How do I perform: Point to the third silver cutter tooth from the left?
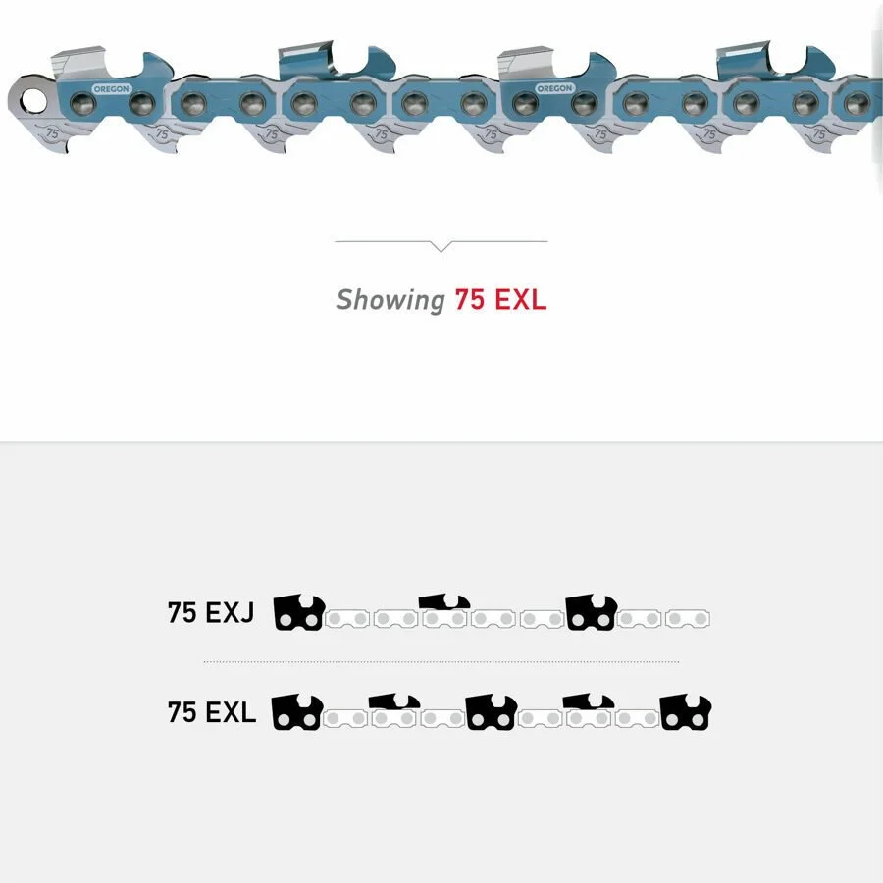coord(535,64)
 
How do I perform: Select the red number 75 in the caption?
coord(469,300)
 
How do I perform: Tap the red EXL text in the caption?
coord(520,300)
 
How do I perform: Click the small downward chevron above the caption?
coord(441,246)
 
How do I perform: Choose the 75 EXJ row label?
coord(211,614)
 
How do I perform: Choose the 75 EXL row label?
coord(212,713)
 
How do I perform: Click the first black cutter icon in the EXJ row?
coord(298,612)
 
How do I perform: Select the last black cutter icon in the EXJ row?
coord(591,612)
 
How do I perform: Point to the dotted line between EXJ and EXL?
coord(441,662)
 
